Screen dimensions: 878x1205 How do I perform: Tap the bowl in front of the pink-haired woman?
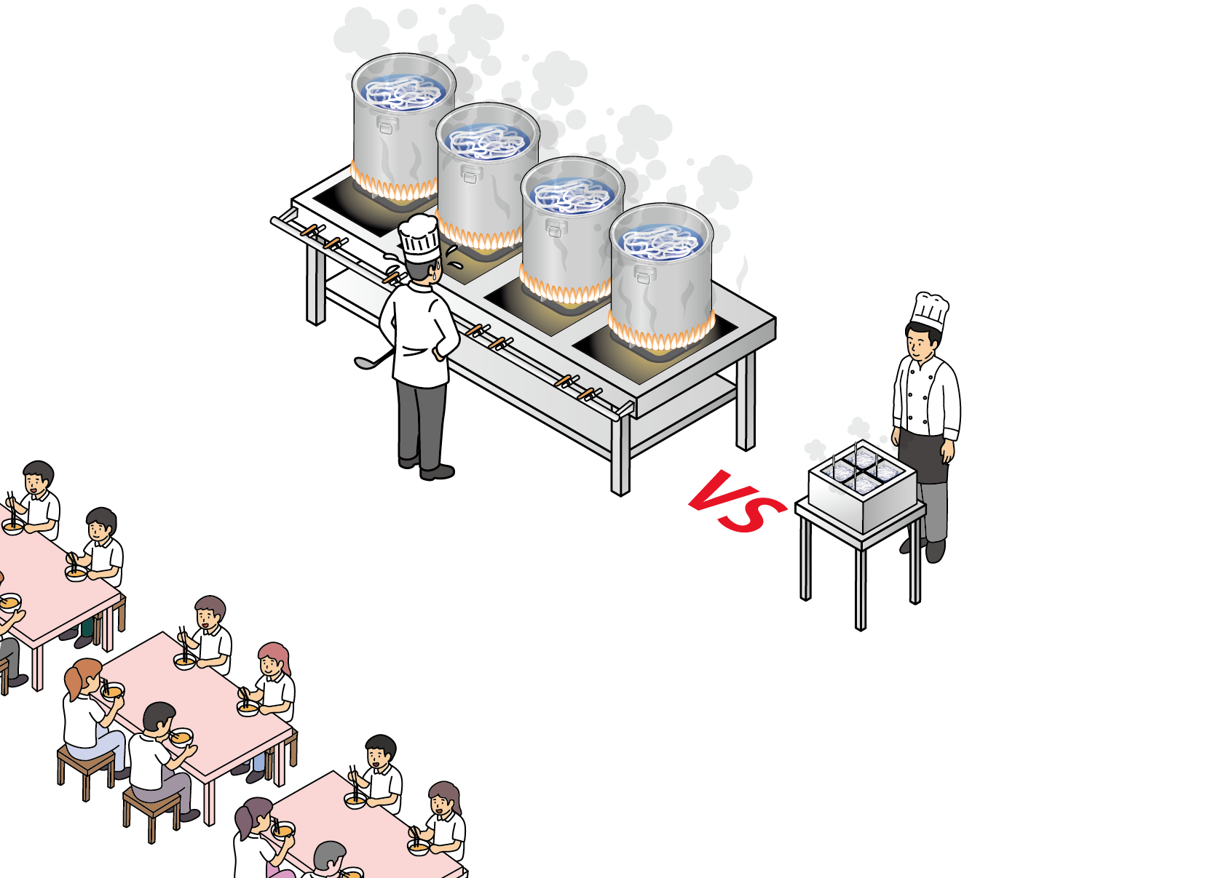tap(248, 708)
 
